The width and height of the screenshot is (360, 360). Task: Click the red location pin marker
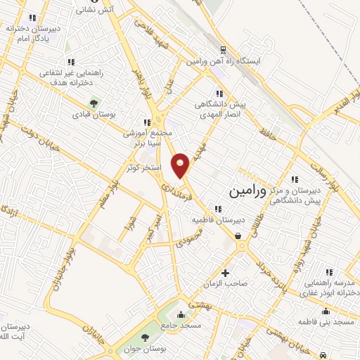[x=181, y=165]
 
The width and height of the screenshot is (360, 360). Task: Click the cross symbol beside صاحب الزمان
[x=225, y=273]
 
